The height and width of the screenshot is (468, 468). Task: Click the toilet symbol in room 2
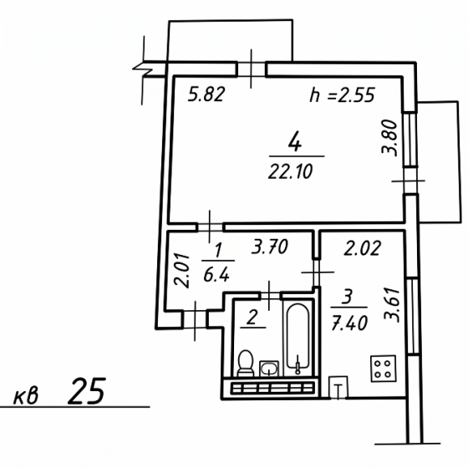tap(246, 364)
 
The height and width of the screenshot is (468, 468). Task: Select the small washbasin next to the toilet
tap(269, 369)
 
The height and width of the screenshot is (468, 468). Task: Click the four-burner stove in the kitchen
tap(384, 369)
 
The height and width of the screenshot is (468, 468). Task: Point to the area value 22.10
tap(291, 172)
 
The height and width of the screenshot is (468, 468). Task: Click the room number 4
tap(295, 142)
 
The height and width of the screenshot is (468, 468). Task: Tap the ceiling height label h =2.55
tap(342, 95)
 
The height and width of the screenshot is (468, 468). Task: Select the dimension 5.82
tap(206, 94)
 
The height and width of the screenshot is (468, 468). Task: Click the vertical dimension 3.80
tap(389, 138)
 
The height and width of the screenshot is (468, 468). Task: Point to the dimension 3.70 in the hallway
tap(269, 247)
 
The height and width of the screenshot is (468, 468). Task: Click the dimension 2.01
tap(182, 271)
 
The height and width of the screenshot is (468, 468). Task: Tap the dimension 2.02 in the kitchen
tap(363, 248)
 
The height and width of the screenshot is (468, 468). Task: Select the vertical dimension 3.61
tap(392, 305)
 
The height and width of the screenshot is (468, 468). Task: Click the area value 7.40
tap(349, 323)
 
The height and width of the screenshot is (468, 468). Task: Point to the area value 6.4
tap(216, 275)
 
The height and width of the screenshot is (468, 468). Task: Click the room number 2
tap(252, 318)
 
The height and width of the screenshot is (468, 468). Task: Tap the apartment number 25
tap(87, 391)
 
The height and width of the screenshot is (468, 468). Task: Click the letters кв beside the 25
tap(26, 396)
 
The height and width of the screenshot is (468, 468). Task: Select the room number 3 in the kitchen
tap(348, 296)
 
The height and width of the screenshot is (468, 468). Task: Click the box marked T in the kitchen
tap(338, 387)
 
